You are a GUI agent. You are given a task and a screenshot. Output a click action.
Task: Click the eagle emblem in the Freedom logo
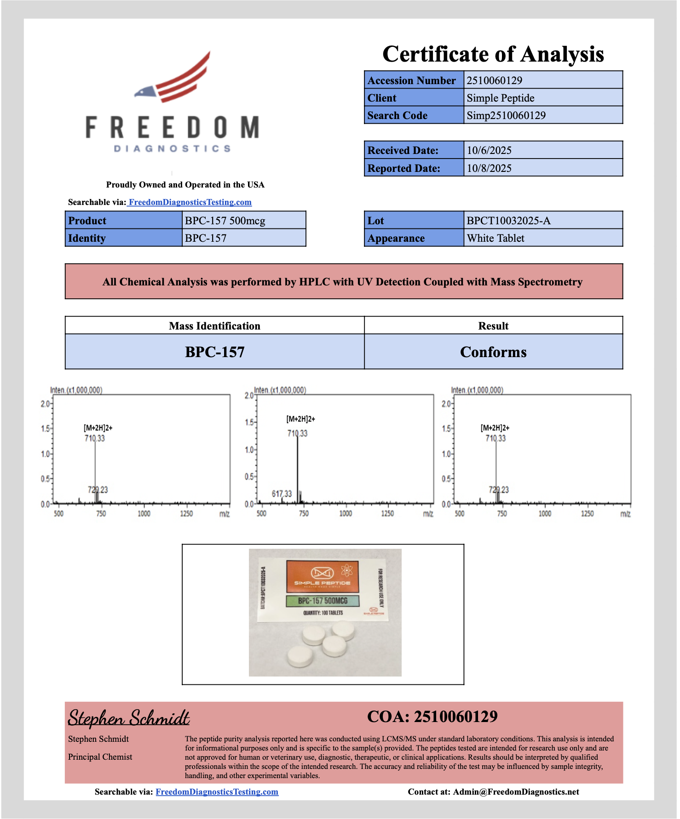[x=146, y=92]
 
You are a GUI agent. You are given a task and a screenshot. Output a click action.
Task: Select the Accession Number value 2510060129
[x=494, y=80]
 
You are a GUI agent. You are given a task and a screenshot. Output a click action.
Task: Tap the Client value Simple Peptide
[x=500, y=98]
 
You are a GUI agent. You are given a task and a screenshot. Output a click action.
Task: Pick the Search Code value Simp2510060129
[x=506, y=115]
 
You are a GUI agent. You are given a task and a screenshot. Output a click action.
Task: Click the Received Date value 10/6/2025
[x=489, y=150]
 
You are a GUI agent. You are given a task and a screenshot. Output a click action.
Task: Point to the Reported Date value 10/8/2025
[x=489, y=168]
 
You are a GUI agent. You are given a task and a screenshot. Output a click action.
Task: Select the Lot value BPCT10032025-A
[x=508, y=221]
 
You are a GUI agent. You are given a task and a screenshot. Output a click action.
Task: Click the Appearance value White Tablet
[x=495, y=238]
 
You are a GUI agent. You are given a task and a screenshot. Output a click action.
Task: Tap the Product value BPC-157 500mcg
[x=225, y=221]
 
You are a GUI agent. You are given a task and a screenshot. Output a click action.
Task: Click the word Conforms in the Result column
[x=493, y=352]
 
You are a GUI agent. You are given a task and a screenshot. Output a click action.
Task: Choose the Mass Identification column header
[x=214, y=326]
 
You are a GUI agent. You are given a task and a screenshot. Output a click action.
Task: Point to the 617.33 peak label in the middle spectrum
[x=282, y=494]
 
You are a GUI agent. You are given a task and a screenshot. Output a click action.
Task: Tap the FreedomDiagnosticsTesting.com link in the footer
[x=217, y=792]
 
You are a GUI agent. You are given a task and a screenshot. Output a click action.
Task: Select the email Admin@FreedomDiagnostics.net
[x=516, y=792]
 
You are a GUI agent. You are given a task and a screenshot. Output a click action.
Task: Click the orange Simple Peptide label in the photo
[x=322, y=576]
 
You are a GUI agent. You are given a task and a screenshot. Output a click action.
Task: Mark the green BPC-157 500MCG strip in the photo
[x=322, y=601]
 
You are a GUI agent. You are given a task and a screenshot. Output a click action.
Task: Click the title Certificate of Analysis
[x=493, y=54]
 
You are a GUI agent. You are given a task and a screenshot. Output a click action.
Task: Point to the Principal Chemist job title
[x=100, y=757]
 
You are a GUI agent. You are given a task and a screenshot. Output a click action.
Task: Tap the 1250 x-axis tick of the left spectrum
[x=186, y=513]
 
